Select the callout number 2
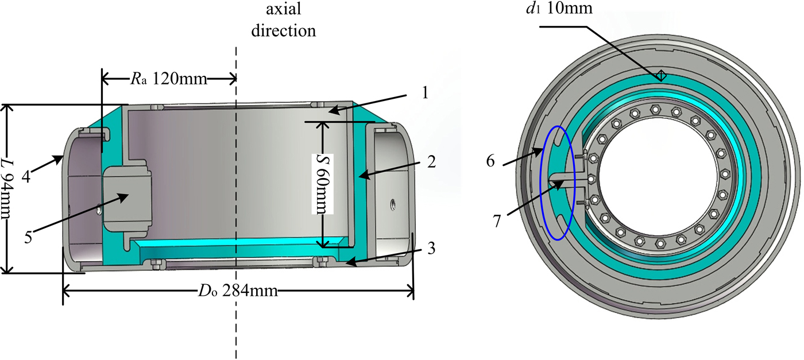coord(431,162)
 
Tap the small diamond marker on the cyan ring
coord(660,75)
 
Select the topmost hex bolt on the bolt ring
coord(655,109)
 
